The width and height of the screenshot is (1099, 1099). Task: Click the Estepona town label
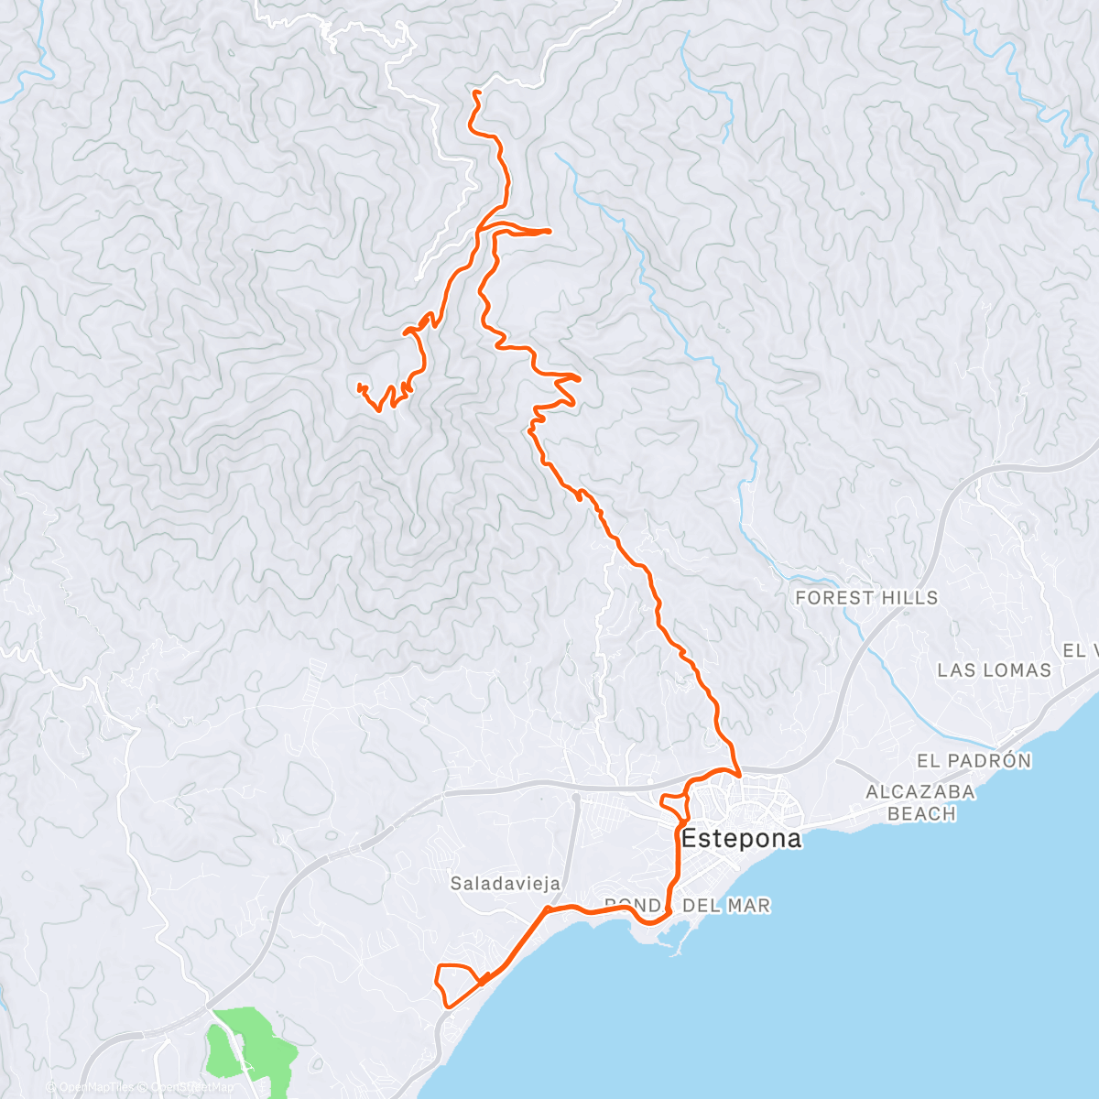point(742,838)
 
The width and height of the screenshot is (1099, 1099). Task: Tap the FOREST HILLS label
point(866,598)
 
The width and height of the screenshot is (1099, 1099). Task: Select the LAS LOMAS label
point(994,670)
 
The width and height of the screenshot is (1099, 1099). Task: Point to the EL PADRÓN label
point(974,761)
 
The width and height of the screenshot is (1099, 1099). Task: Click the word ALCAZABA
point(920,792)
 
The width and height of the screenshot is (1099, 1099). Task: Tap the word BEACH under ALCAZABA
point(921,814)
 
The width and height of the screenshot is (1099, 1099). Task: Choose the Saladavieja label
point(505,884)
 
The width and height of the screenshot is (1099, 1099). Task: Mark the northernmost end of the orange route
point(475,92)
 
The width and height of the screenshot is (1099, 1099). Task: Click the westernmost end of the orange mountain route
point(359,386)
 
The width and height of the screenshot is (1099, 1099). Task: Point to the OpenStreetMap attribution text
point(192,1087)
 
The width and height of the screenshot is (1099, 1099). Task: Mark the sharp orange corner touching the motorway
point(738,774)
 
